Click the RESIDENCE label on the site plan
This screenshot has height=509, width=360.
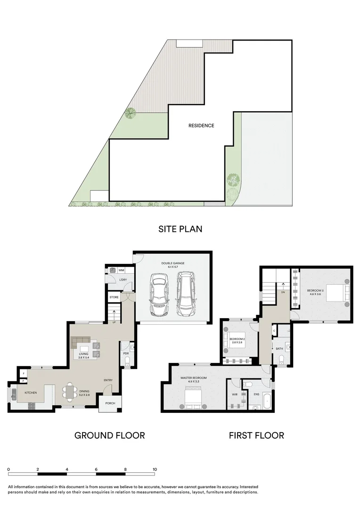(201, 126)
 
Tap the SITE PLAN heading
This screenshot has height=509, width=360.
(180, 229)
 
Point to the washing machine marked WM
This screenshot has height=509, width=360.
(113, 271)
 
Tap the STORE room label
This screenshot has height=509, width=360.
(114, 297)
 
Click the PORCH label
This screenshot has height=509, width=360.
(110, 403)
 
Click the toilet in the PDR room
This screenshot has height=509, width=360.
(127, 361)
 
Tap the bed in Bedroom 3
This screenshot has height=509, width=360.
(335, 293)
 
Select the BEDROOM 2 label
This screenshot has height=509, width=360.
(237, 339)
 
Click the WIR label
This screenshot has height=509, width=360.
(235, 394)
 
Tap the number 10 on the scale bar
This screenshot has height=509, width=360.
(155, 469)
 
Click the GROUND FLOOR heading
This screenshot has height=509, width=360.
(109, 435)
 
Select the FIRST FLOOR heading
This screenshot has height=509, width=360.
(256, 435)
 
